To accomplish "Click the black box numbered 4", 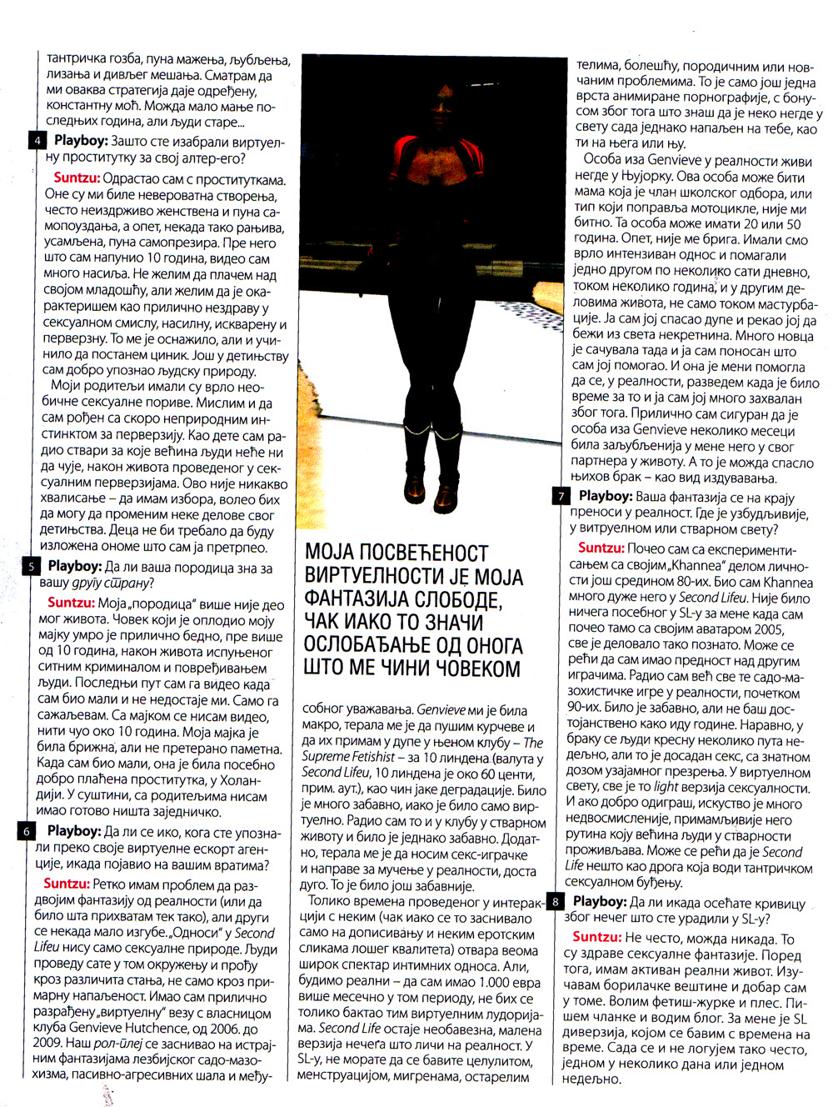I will [37, 140].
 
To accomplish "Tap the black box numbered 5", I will [31, 566].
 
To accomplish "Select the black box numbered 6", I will [27, 830].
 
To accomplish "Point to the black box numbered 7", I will [561, 496].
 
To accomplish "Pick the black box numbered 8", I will [556, 901].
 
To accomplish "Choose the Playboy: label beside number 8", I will [599, 901].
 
